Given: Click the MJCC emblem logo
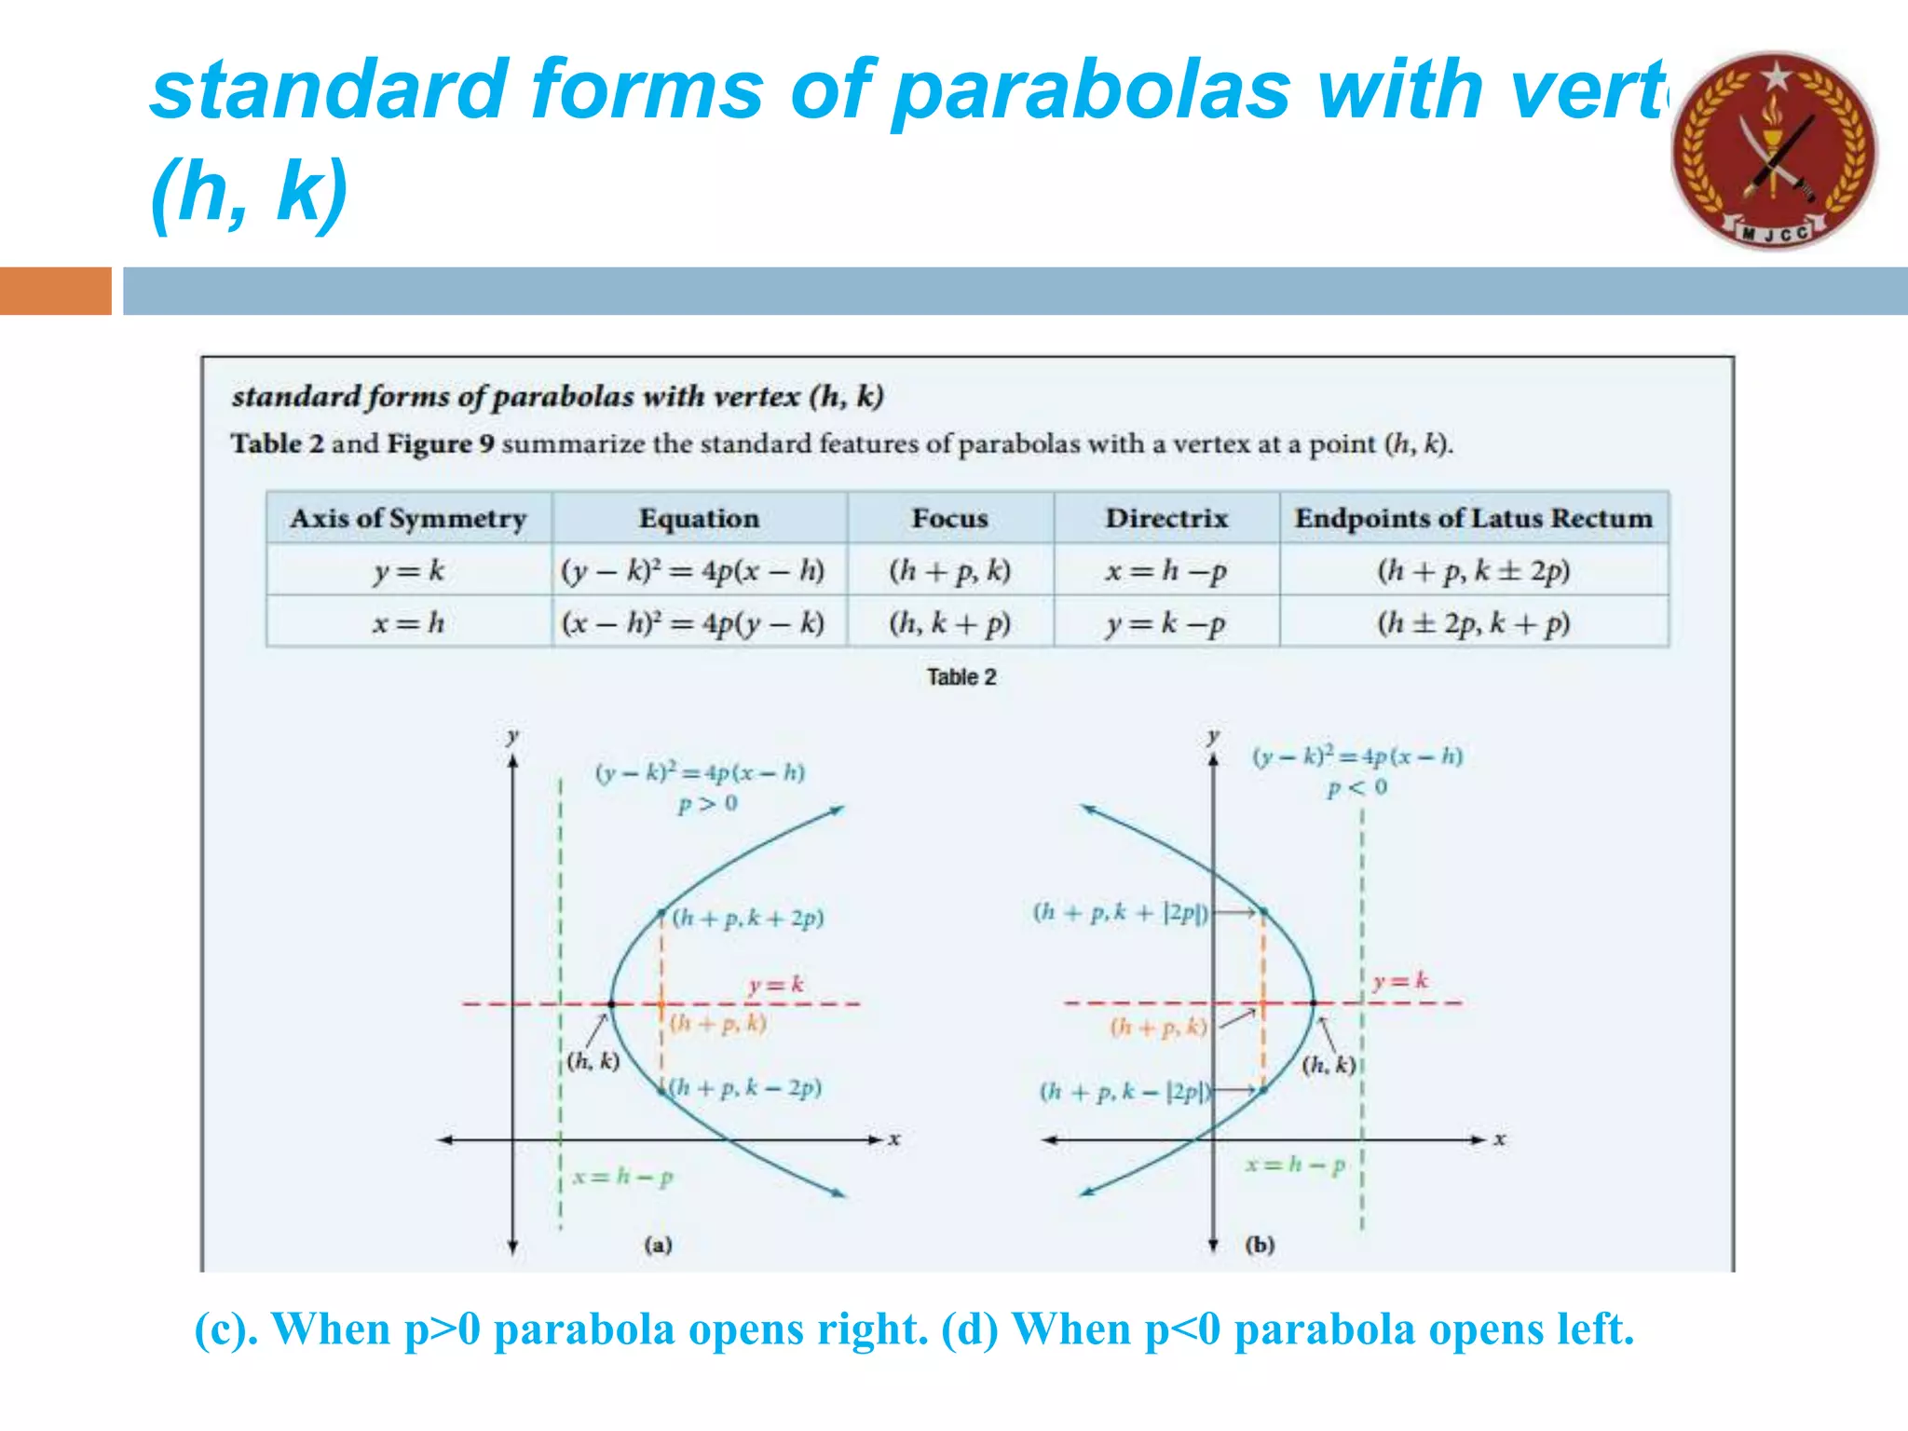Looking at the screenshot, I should point(1774,151).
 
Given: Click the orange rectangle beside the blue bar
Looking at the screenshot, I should point(55,291).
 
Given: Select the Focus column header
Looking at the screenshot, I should point(949,518).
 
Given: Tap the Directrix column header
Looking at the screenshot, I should point(1166,518).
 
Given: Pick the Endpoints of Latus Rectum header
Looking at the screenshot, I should point(1473,518).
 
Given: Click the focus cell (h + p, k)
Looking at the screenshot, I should point(949,570).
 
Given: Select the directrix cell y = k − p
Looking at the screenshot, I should point(1165,622).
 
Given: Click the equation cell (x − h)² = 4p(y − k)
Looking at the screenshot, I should point(693,622).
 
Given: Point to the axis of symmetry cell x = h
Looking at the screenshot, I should point(408,622).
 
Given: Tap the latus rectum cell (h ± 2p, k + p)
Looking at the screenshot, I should point(1473,622).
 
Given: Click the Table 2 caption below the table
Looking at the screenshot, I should point(961,677).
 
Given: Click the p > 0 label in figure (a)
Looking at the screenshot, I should point(707,803).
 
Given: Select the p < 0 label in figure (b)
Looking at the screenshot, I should point(1356,788).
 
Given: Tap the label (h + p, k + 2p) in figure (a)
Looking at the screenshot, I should point(747,919).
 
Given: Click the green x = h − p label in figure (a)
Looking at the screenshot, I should point(622,1177).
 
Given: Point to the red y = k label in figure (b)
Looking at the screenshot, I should point(1399,980).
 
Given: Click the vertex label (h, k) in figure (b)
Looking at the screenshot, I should point(1328,1065).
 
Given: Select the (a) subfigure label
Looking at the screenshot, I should point(658,1245).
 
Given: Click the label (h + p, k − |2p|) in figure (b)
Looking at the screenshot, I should point(1124,1092).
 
